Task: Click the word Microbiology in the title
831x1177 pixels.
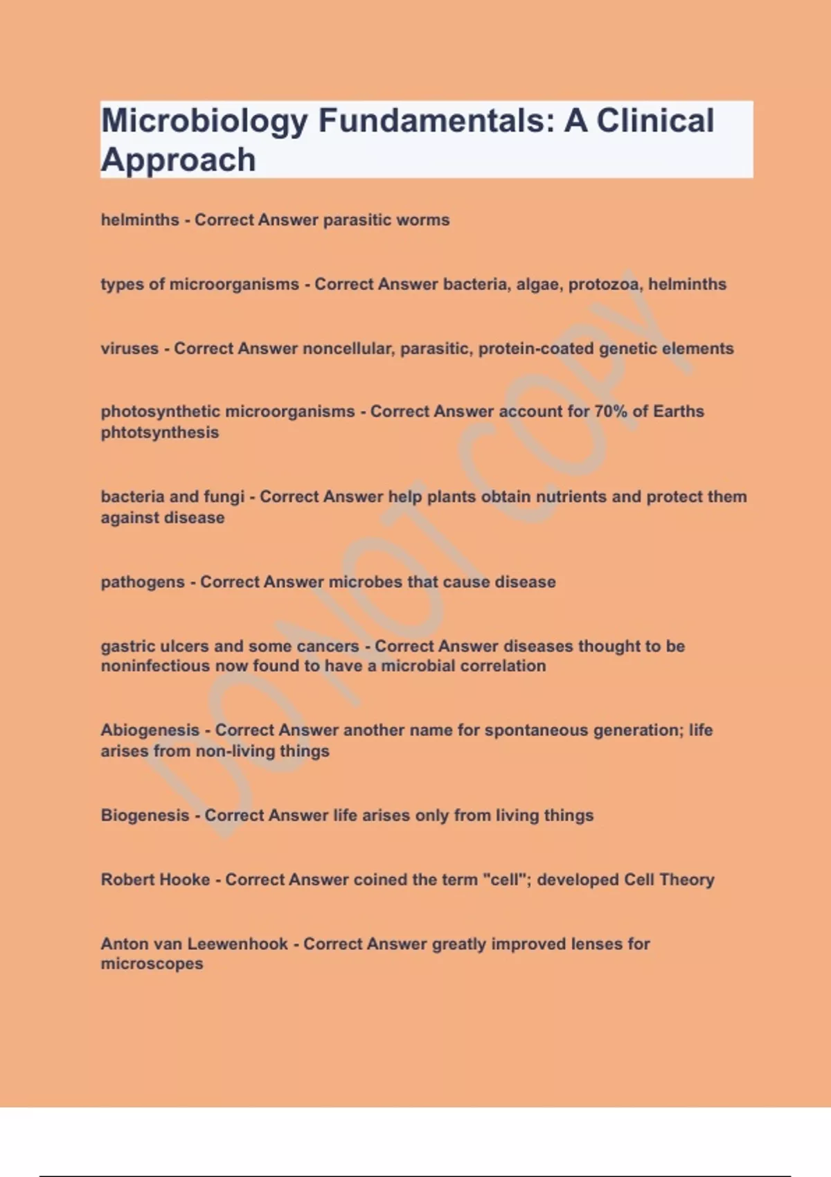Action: [x=204, y=122]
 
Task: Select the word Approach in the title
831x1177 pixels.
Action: [x=179, y=161]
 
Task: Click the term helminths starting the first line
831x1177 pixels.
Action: [x=140, y=220]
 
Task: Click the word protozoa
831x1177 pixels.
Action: [x=604, y=285]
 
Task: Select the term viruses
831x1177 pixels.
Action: [x=129, y=349]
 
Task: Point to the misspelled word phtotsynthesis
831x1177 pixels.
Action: [x=160, y=433]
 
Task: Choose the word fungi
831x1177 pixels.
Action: [x=224, y=497]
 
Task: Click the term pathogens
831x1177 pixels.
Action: [x=143, y=582]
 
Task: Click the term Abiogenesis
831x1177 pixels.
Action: [x=150, y=730]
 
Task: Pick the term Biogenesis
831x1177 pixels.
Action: [x=145, y=816]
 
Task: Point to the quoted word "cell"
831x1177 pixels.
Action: [x=506, y=880]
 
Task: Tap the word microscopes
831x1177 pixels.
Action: [x=152, y=964]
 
